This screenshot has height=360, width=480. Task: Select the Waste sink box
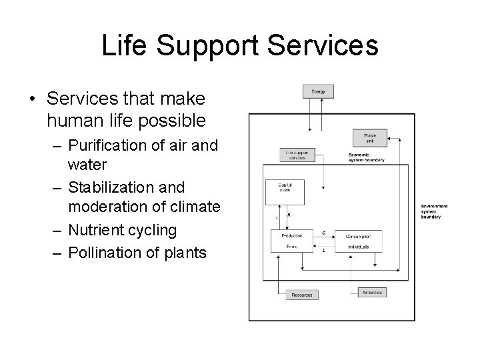pos(369,139)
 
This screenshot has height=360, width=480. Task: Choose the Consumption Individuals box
pos(363,241)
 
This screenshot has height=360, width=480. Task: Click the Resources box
pos(302,294)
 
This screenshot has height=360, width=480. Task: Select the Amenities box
pos(369,293)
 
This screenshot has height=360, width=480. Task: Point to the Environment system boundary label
pos(434,211)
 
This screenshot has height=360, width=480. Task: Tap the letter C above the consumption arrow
pos(323,233)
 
